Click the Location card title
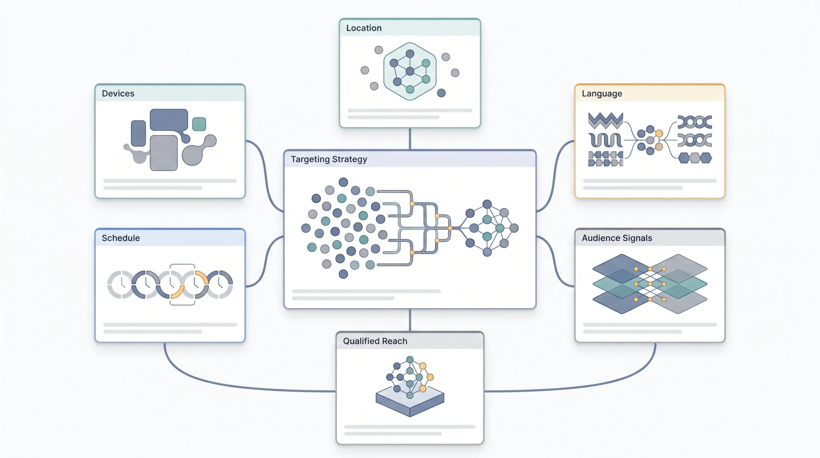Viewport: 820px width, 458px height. click(364, 28)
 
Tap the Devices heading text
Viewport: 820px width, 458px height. click(118, 94)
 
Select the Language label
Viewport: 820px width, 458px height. click(602, 94)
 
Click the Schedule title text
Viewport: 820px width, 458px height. click(121, 238)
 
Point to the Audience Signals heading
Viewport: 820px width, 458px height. click(617, 238)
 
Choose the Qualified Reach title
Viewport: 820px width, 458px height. click(375, 341)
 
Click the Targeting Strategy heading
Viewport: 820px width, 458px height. click(329, 159)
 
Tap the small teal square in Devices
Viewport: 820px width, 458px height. click(199, 124)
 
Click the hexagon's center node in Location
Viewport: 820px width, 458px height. click(410, 71)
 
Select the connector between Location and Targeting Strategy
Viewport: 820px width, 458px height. click(410, 139)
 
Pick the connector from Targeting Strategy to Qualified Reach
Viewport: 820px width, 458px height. click(410, 320)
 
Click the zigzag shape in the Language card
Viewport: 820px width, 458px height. click(605, 121)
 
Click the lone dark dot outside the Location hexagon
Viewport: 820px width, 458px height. click(441, 93)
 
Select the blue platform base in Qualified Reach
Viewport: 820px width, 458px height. click(410, 401)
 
